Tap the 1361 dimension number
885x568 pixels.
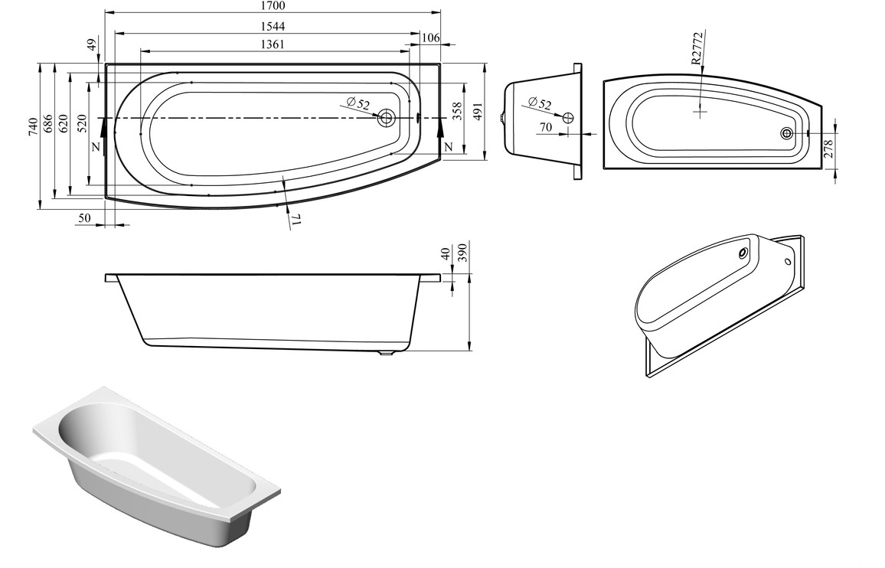(272, 44)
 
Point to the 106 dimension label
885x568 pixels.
(430, 38)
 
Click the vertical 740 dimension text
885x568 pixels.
(32, 127)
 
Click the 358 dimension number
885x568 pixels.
(457, 113)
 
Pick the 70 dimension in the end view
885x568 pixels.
(545, 128)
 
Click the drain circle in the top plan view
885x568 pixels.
(386, 118)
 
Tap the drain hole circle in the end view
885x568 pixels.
(567, 117)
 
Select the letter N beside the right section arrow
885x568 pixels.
(448, 146)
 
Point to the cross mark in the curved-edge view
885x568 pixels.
(700, 112)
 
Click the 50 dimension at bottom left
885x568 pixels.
(85, 219)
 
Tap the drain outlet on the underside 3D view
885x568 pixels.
(743, 254)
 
